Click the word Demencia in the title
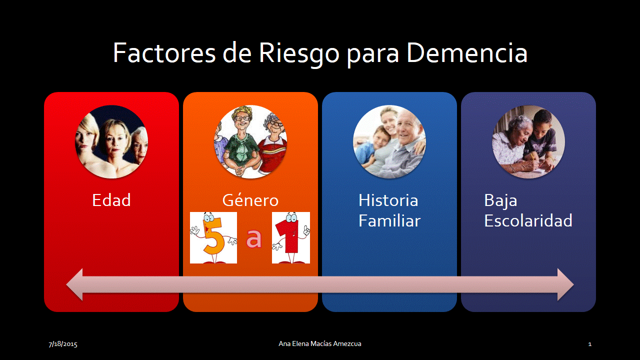pyautogui.click(x=467, y=53)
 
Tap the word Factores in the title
pyautogui.click(x=164, y=53)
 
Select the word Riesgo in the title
pyautogui.click(x=299, y=55)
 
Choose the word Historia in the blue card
pyautogui.click(x=388, y=200)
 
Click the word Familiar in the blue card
pyautogui.click(x=389, y=220)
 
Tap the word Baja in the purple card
pyautogui.click(x=500, y=201)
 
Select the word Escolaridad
pyautogui.click(x=528, y=220)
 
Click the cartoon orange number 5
pyautogui.click(x=213, y=237)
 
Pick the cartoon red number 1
pyautogui.click(x=291, y=237)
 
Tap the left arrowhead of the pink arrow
pyautogui.click(x=75, y=284)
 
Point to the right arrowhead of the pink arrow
pyautogui.click(x=565, y=284)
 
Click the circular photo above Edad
pyautogui.click(x=111, y=141)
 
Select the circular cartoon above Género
pyautogui.click(x=250, y=141)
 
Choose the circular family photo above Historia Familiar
pyautogui.click(x=389, y=141)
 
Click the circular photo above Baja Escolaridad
pyautogui.click(x=528, y=141)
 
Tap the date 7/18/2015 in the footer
pyautogui.click(x=63, y=344)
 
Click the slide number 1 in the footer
pyautogui.click(x=589, y=344)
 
